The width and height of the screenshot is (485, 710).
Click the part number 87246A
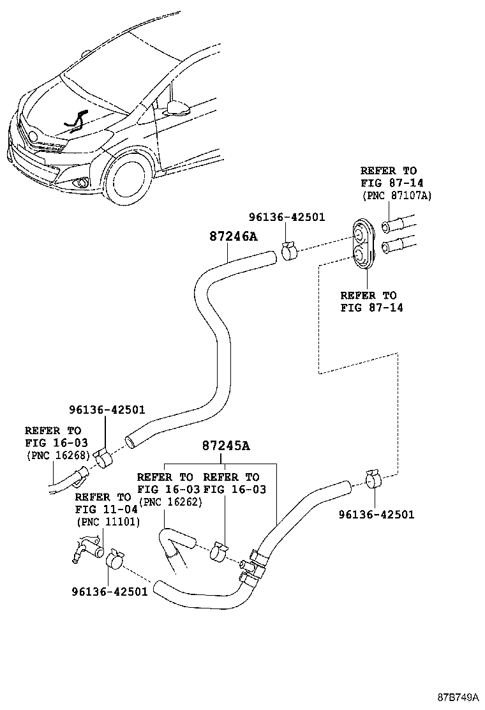click(x=233, y=236)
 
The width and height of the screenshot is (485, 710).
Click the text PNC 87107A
click(x=396, y=196)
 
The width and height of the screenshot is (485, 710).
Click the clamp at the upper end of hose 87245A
click(x=373, y=479)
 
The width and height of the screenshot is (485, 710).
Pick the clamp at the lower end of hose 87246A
click(x=102, y=457)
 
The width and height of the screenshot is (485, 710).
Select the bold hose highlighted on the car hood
click(x=75, y=119)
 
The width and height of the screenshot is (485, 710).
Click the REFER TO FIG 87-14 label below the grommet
click(x=368, y=301)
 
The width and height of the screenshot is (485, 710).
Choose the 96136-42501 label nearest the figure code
click(x=377, y=514)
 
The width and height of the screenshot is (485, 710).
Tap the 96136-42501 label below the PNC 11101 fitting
click(x=109, y=591)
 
